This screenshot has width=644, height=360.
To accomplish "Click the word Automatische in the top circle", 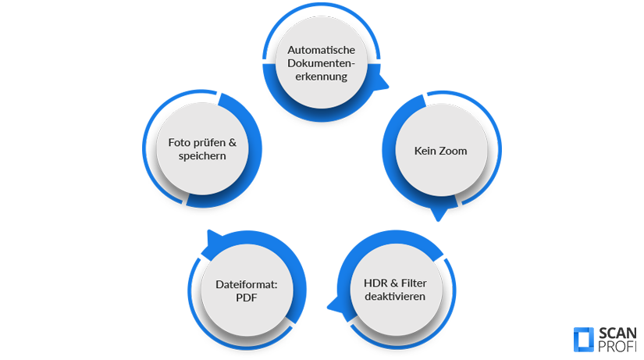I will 322,50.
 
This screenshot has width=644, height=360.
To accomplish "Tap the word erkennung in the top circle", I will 322,77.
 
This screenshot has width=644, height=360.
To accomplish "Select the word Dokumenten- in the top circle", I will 322,63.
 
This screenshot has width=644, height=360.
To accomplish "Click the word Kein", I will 427,151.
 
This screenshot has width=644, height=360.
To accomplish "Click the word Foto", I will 180,142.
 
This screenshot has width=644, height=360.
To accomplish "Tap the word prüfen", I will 210,143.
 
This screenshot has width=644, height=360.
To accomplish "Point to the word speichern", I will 201,156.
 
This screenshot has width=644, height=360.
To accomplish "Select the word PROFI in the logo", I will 617,346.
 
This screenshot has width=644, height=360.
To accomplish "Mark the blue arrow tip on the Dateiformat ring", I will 206,236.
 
